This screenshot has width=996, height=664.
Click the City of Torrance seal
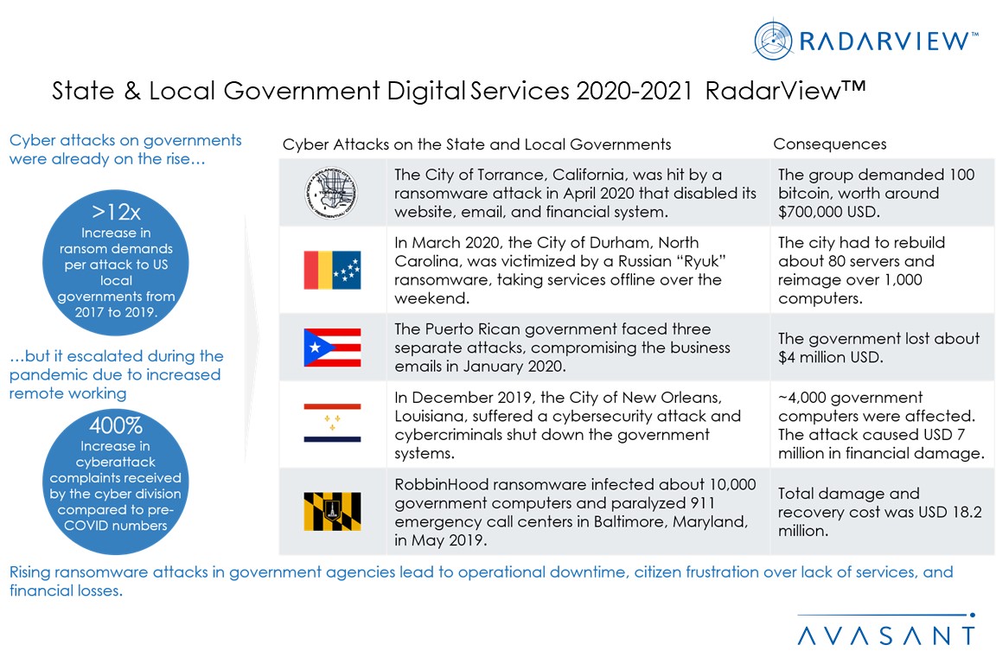(x=332, y=193)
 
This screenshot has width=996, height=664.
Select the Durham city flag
(x=332, y=270)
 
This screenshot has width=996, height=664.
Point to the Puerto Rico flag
(x=332, y=347)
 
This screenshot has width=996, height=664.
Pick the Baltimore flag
(x=332, y=511)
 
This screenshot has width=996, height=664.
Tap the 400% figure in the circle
(x=117, y=426)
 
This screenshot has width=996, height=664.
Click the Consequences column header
(x=829, y=144)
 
